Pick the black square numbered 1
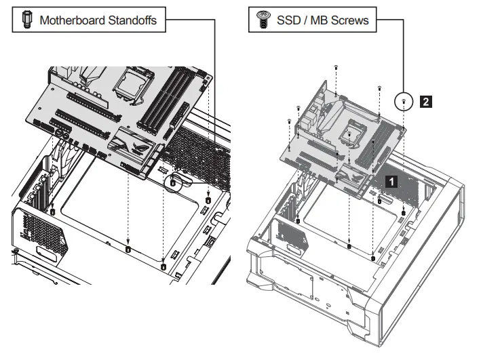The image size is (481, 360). [x=391, y=181]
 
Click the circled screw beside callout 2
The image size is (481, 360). [x=404, y=102]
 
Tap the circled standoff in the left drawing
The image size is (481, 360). [x=173, y=182]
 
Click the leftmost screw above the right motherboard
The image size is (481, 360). [x=290, y=121]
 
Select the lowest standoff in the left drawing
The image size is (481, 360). [x=163, y=266]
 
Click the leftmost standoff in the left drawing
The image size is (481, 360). [x=53, y=212]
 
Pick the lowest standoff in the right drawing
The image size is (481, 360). [x=374, y=258]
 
